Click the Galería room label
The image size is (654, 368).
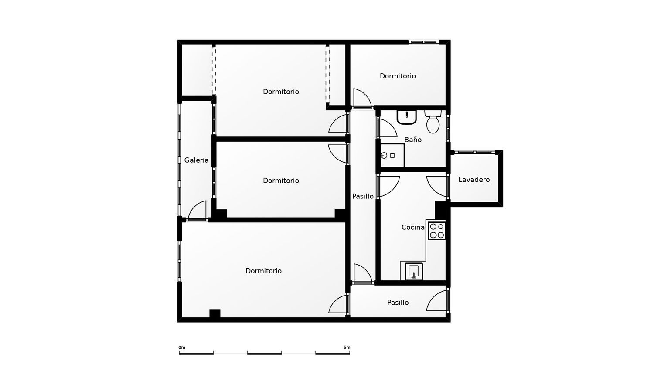tap(196, 160)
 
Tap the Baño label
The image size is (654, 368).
tap(413, 140)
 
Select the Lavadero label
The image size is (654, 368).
tap(474, 180)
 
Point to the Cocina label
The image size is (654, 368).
tap(413, 227)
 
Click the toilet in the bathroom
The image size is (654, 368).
tap(433, 122)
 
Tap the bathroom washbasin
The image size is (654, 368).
tap(406, 117)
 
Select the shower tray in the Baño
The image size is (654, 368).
tap(392, 155)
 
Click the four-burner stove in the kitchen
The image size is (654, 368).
tap(437, 231)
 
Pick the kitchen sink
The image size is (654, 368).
tap(414, 271)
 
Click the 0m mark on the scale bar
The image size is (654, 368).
tap(182, 348)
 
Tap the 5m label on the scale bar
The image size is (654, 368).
tap(347, 348)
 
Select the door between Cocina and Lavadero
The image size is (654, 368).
tap(437, 186)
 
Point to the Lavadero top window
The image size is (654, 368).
tap(475, 153)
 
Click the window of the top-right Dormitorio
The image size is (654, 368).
tap(424, 42)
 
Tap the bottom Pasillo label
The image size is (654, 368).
tap(398, 303)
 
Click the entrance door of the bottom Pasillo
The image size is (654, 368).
tap(437, 300)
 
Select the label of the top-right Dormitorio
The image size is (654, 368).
tap(398, 76)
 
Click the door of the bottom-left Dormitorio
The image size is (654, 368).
tap(338, 304)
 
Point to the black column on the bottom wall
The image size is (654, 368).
tap(215, 313)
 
